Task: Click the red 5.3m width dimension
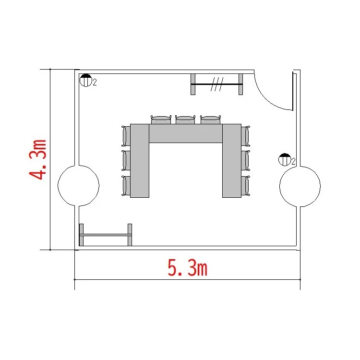187,267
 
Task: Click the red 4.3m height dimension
37,159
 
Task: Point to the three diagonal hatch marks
217,84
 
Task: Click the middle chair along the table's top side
185,120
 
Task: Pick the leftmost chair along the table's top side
161,120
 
